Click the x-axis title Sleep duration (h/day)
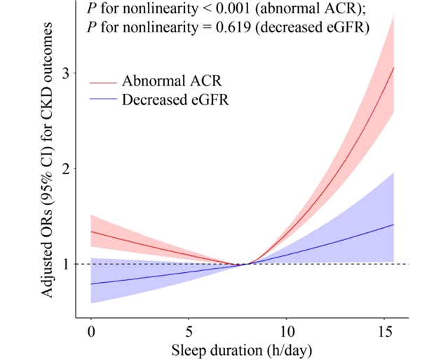pos(240,349)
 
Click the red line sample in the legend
pos(102,81)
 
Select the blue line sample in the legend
pos(102,100)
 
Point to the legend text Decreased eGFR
pos(175,100)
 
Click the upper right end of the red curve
pos(394,68)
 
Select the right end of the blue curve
pos(394,225)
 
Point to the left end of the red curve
pos(91,232)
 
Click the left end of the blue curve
pos(91,284)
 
